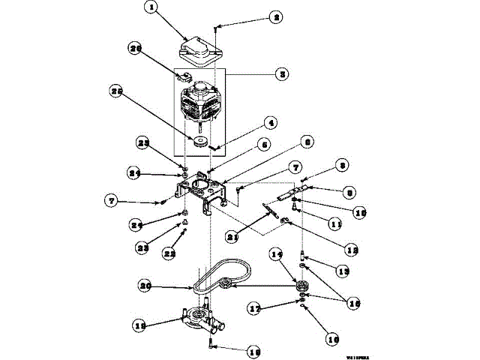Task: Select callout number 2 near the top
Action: (255, 16)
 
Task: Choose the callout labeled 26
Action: (135, 49)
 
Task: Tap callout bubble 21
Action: (232, 237)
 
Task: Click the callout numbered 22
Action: (170, 255)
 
